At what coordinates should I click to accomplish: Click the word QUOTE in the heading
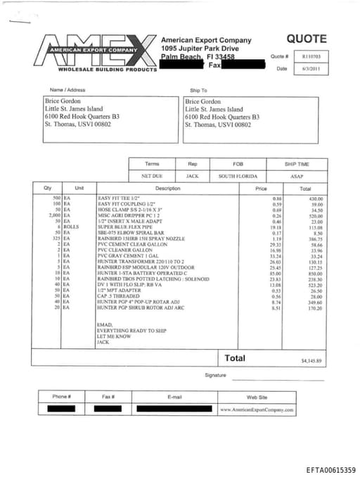306,39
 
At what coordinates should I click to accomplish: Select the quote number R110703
311,56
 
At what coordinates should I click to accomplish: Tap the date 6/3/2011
311,68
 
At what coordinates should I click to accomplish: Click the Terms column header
152,164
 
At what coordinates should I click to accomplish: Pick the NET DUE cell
152,176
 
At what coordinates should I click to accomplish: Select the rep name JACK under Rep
192,176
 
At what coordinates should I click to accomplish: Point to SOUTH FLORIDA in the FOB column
238,176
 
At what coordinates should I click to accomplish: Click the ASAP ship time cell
297,176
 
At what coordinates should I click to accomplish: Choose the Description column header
167,189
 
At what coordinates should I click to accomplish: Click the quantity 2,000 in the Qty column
51,215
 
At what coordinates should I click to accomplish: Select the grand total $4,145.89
310,361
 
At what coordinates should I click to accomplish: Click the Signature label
217,375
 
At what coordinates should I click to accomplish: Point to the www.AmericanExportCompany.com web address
256,409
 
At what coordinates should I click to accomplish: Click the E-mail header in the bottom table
174,397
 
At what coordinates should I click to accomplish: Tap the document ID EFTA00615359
330,469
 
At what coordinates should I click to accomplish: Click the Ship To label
199,90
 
